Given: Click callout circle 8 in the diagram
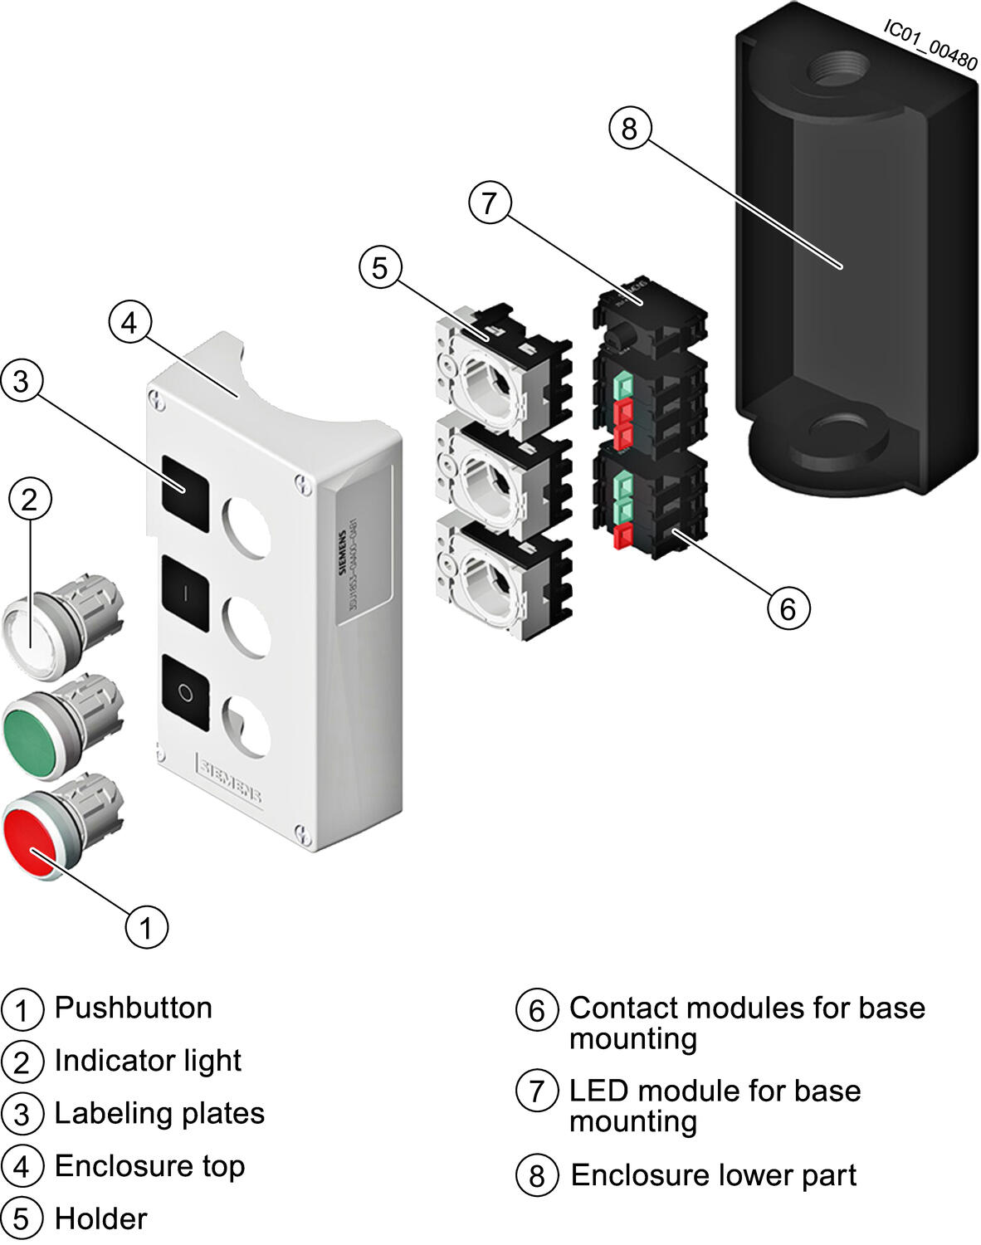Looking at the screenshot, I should [630, 129].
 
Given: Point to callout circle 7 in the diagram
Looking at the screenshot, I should [490, 203].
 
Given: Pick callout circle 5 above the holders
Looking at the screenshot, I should [380, 268].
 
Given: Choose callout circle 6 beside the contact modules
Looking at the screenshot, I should [788, 608].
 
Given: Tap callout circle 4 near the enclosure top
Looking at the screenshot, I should [129, 322].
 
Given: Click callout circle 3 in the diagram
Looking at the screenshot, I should [22, 381].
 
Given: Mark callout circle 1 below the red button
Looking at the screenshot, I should [146, 926].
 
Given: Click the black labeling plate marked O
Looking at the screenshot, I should [186, 692].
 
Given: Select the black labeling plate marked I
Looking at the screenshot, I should [186, 593].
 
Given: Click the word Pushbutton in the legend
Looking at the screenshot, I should [133, 1008].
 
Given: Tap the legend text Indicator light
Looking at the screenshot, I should [148, 1061].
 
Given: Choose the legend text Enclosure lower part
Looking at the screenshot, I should [713, 1175].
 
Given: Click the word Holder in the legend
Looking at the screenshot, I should [100, 1218].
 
